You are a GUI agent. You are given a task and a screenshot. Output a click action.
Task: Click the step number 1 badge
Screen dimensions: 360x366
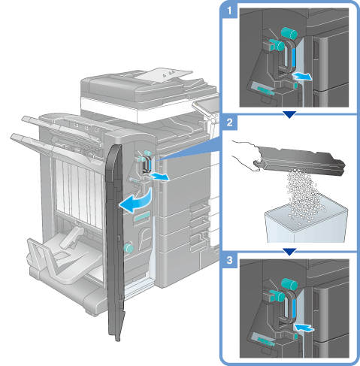(x=229, y=11)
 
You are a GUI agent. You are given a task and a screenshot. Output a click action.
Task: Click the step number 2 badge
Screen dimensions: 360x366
(x=229, y=123)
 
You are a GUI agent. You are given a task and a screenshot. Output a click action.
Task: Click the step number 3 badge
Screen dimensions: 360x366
(x=229, y=260)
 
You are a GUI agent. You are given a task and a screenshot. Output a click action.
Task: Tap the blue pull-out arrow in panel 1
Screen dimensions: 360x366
(x=302, y=76)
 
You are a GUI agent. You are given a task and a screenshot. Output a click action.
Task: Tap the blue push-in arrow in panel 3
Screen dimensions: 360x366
(x=304, y=328)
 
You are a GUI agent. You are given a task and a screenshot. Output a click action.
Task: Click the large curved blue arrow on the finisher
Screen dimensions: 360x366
(x=137, y=201)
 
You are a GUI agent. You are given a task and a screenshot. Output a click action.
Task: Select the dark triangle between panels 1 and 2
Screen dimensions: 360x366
(x=289, y=114)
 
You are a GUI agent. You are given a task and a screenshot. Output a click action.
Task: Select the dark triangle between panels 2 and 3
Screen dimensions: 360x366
(x=289, y=252)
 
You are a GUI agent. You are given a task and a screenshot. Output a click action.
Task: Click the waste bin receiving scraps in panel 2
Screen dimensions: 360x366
(x=307, y=224)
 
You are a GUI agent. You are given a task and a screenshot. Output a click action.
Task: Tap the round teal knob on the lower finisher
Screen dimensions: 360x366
(x=129, y=248)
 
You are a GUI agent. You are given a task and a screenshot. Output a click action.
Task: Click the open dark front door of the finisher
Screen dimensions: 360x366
(x=115, y=240)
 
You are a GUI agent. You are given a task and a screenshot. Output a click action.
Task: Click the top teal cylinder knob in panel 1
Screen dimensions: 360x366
(x=289, y=33)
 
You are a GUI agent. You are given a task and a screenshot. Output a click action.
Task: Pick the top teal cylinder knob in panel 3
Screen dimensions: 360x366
(x=289, y=284)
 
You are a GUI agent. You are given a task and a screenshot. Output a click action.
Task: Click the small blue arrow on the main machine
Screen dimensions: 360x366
(x=160, y=177)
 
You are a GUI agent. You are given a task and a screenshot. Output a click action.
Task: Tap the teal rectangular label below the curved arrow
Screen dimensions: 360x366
(x=142, y=217)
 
